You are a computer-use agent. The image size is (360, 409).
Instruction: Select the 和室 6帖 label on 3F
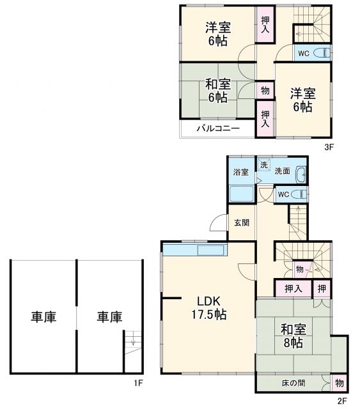coord(217,90)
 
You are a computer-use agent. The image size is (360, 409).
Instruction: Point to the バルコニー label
coord(217,128)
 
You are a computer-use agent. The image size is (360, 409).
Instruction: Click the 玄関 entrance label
coord(241,222)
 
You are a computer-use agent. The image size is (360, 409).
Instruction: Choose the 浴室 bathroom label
coord(240,172)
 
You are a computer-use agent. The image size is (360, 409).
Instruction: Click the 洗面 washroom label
coord(283,172)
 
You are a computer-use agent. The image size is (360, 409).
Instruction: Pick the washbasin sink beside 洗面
coord(301,173)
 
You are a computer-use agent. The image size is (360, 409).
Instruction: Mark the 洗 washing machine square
coord(263,165)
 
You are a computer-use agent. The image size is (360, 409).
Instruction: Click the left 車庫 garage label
coord(43,316)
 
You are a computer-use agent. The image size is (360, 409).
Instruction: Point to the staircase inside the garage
coord(131,349)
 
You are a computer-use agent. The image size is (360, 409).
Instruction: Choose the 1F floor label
coord(137,383)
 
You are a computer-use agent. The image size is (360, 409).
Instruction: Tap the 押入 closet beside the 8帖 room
coord(293,289)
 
